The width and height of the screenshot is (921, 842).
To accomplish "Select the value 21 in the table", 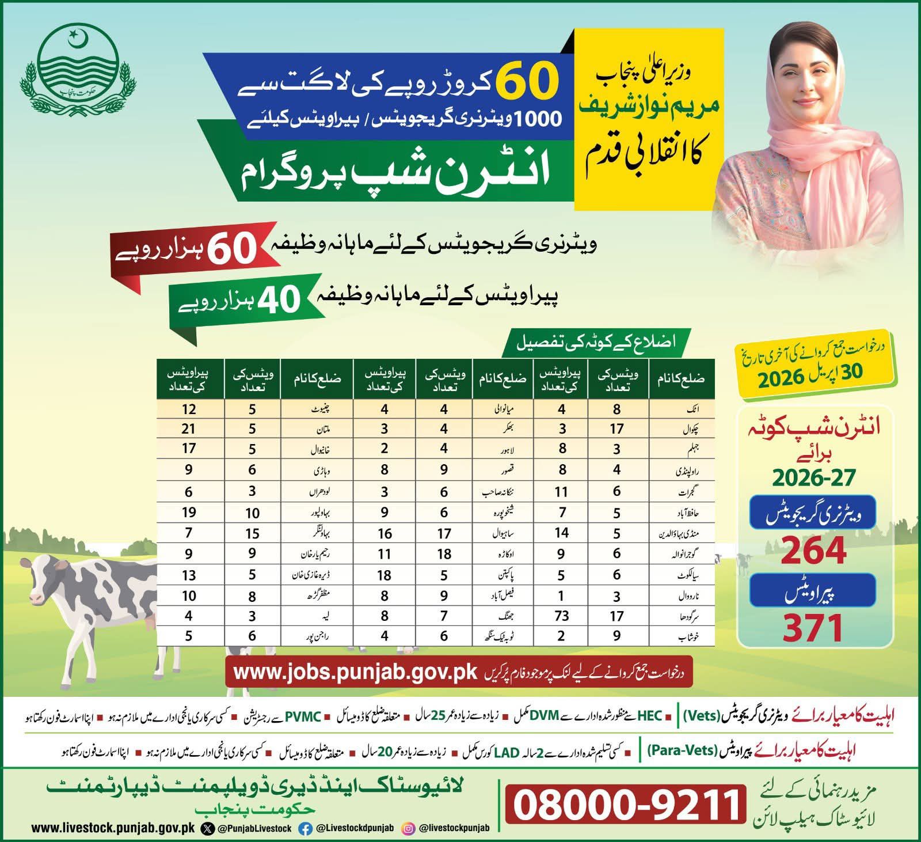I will (x=189, y=429).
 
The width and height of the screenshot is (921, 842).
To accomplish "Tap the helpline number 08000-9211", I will (x=625, y=804).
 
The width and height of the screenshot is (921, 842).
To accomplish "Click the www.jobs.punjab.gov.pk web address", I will (x=356, y=673).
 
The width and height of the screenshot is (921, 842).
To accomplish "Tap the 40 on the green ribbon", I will (x=278, y=299).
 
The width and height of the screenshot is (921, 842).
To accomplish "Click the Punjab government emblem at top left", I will (x=72, y=66).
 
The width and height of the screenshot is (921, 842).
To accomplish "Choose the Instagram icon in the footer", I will (x=408, y=828).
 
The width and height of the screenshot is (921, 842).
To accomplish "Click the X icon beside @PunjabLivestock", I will (x=207, y=828).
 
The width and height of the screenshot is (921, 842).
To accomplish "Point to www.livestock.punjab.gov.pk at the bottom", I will (x=113, y=828).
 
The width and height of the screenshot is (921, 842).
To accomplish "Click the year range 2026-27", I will (x=814, y=477).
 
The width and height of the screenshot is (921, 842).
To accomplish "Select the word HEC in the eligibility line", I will (x=654, y=718).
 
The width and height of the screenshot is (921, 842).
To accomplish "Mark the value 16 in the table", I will (x=385, y=533).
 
